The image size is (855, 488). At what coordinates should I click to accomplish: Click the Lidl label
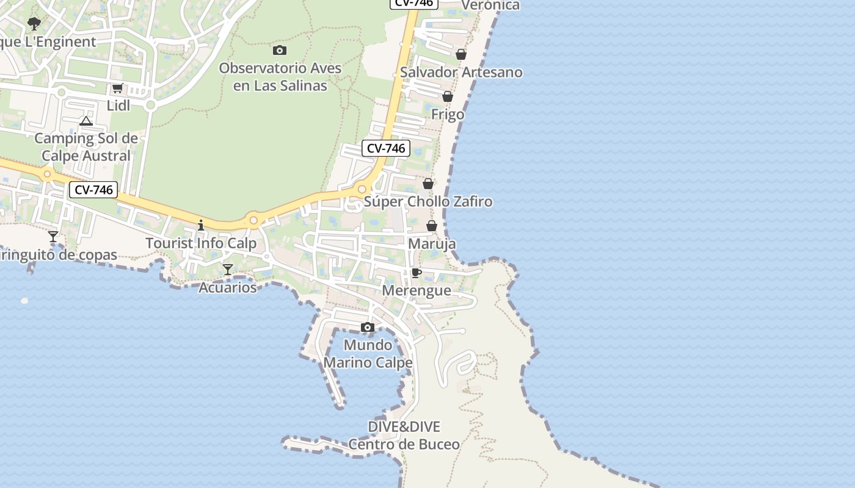point(118,106)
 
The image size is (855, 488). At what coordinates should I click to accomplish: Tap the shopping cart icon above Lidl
point(118,88)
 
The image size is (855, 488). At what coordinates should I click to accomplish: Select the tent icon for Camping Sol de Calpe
point(86,121)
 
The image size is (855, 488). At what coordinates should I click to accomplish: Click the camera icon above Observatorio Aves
point(280,50)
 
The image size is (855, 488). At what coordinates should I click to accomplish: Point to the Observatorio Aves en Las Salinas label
point(280,77)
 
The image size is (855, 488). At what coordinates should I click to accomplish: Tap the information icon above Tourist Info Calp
point(201,226)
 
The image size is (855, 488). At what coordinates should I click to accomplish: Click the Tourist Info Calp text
point(201,243)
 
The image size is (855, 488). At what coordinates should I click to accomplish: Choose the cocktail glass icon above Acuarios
point(228,269)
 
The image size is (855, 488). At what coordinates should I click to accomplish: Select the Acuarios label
point(228,287)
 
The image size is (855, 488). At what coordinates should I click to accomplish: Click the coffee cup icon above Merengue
point(417,273)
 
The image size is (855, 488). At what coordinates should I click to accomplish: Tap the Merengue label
point(417,290)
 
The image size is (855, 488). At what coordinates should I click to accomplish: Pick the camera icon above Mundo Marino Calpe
point(367,328)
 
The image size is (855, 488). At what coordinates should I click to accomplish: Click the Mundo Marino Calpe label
point(368,354)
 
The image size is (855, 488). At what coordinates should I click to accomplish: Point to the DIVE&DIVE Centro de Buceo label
point(404,436)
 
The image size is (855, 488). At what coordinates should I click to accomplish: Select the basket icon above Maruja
point(432,226)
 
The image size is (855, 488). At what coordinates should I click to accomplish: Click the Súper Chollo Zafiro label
point(428,202)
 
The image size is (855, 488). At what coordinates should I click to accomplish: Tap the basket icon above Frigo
point(448,96)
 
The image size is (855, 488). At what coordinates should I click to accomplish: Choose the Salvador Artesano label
point(461,73)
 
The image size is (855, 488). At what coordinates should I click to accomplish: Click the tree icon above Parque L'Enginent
point(34,24)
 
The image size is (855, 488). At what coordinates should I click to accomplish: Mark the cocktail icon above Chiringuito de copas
point(53,237)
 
